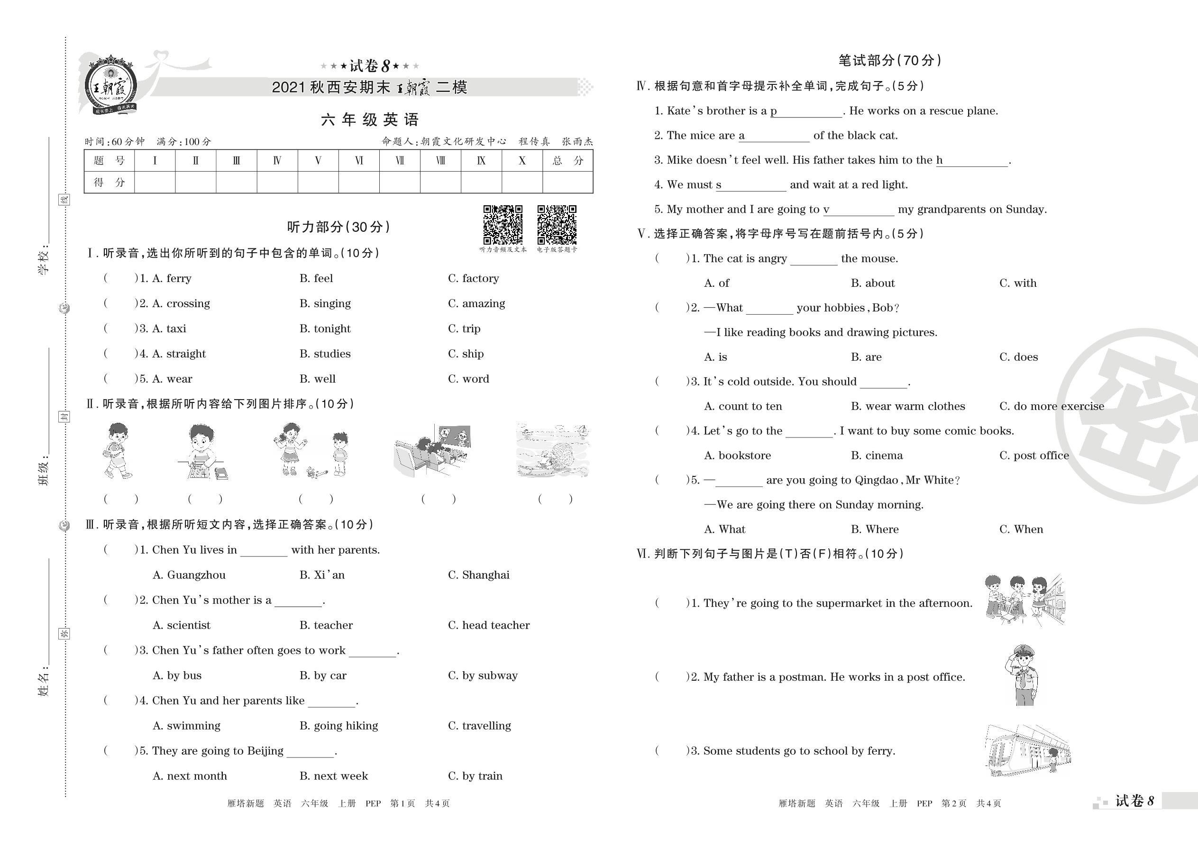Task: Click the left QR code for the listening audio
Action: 503,225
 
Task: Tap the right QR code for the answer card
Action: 557,225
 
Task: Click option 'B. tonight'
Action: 325,328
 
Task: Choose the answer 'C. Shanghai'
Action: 478,575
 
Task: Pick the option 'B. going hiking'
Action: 338,725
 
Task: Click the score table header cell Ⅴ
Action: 318,160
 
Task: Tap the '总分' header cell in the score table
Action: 567,160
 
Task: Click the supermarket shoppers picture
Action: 1024,600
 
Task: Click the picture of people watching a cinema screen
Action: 432,451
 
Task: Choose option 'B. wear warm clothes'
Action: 908,406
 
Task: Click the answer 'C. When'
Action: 1021,529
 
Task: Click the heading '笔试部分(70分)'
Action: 890,61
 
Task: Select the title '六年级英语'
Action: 370,119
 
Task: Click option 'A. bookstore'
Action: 737,456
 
